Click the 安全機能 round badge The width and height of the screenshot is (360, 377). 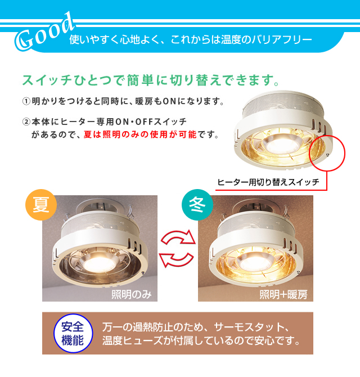72,333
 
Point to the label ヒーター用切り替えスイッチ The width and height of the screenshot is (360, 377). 269,182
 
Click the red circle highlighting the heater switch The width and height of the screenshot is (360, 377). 328,151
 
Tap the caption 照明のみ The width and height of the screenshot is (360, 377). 130,294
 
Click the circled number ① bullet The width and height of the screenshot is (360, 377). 26,102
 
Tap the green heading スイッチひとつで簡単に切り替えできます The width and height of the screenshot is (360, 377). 151,79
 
